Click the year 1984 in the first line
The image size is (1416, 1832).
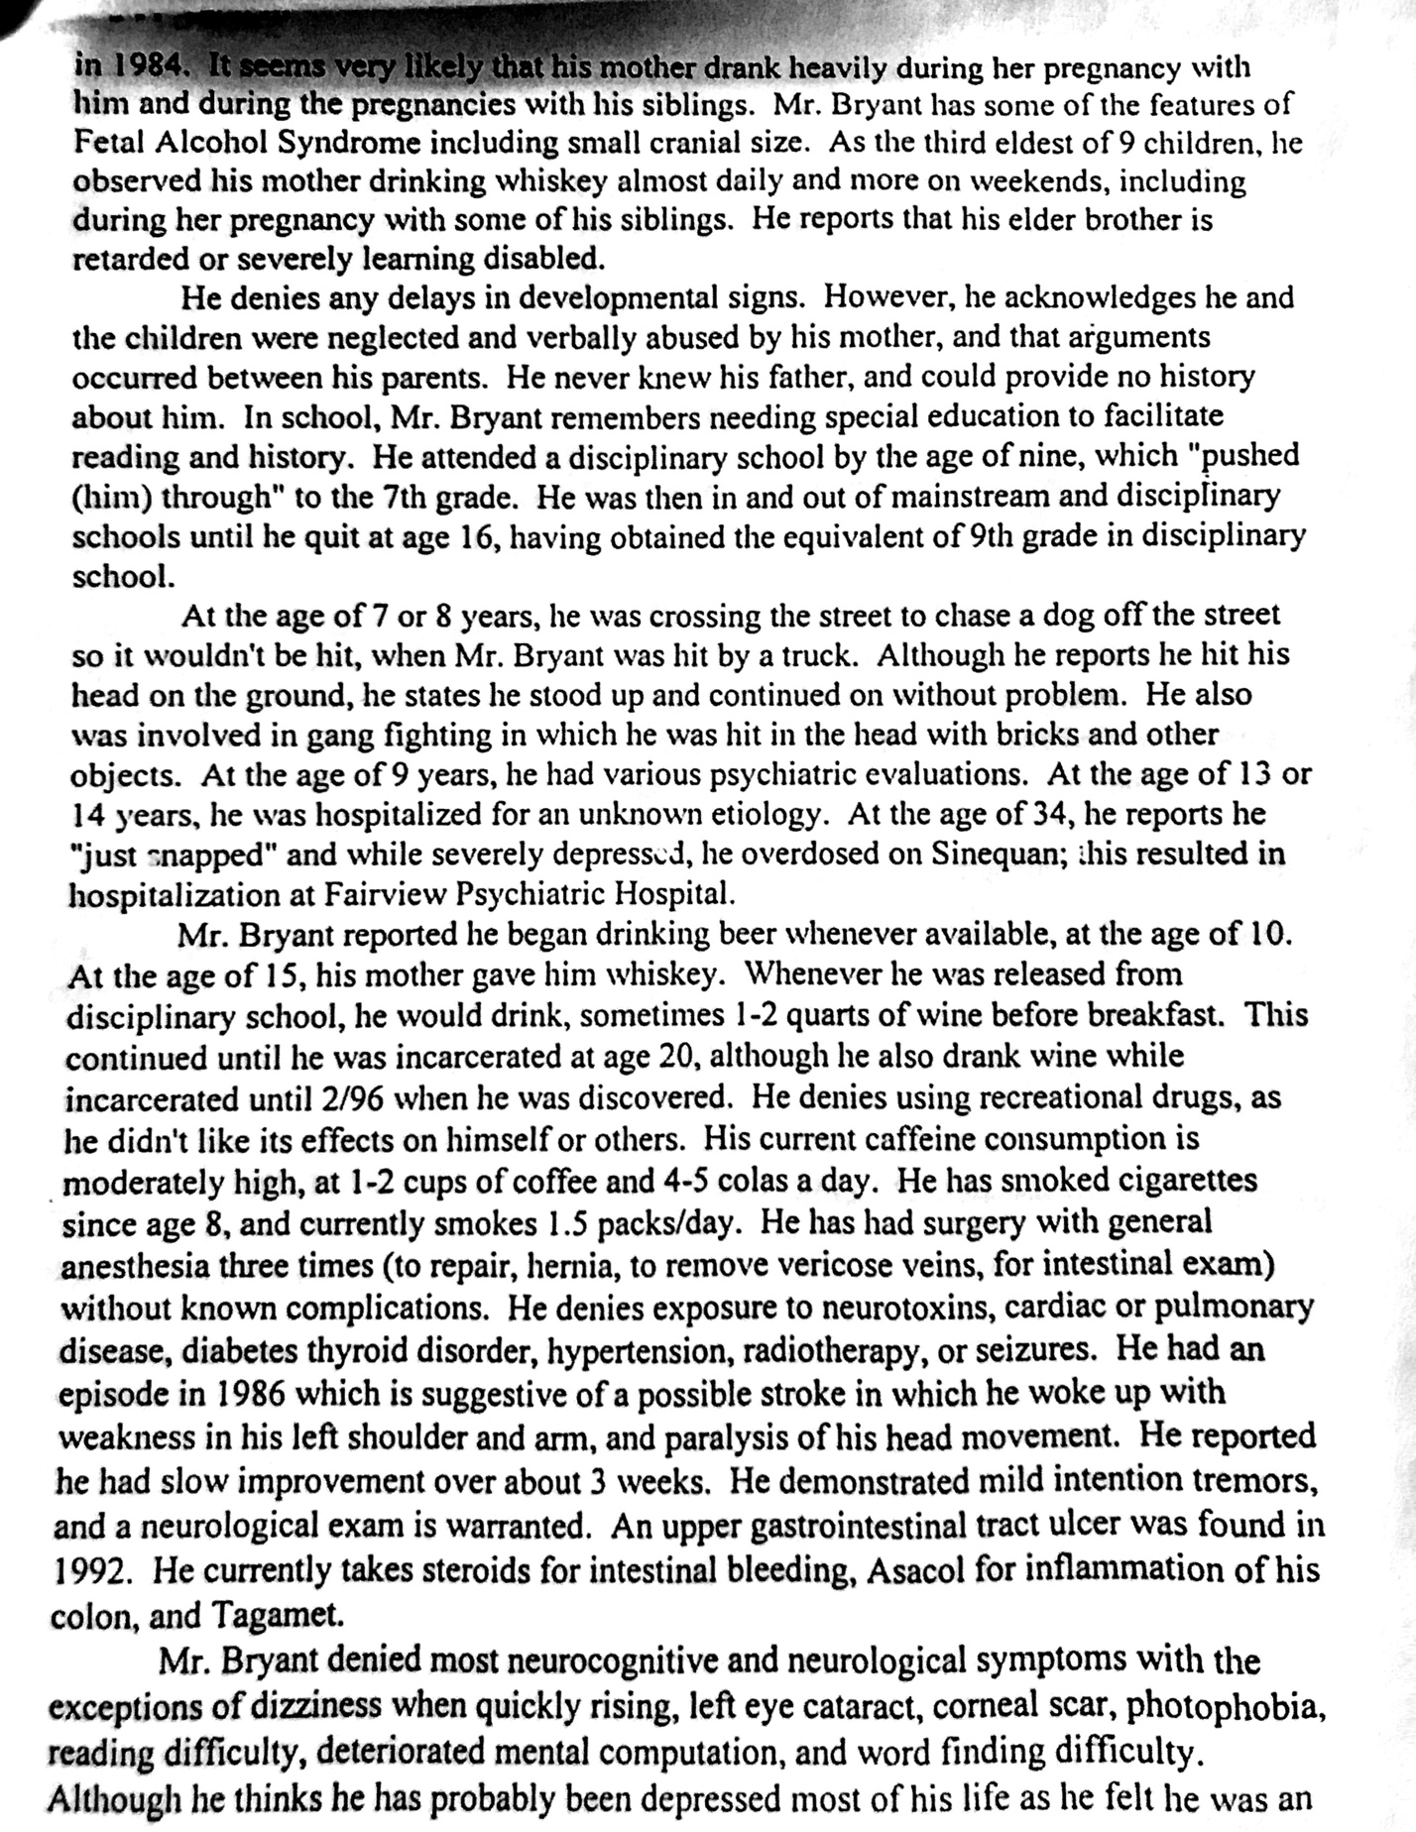click(148, 65)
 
